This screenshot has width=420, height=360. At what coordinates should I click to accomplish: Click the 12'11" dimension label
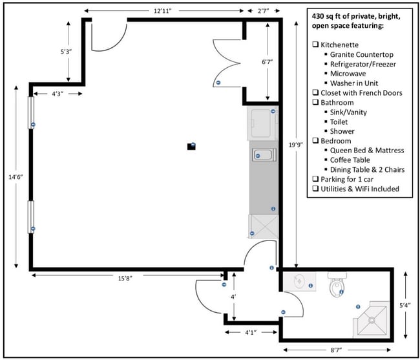tap(162, 11)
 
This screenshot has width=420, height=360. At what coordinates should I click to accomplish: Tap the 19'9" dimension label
tap(296, 145)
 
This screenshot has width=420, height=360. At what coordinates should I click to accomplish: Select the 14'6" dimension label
tap(16, 177)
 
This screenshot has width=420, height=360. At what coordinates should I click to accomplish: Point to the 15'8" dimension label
tap(125, 279)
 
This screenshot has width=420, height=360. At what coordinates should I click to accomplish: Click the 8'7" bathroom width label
tap(335, 350)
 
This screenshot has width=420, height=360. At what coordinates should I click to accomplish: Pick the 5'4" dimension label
tap(405, 305)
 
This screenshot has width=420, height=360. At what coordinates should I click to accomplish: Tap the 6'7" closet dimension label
tap(267, 62)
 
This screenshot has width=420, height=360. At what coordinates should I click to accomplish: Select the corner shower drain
tap(372, 320)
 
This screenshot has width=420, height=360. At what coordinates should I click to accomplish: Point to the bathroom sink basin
tap(299, 281)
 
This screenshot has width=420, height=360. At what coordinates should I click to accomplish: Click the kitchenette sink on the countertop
tap(264, 155)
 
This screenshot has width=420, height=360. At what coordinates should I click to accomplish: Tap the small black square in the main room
tap(191, 146)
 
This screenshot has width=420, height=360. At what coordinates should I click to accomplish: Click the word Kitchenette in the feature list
tap(339, 45)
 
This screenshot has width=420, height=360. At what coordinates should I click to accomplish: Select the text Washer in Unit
tap(354, 83)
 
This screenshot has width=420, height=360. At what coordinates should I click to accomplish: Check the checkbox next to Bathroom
tap(315, 102)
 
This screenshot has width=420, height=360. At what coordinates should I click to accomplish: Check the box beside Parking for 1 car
tap(315, 178)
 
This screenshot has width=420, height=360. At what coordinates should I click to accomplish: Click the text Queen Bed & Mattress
tap(367, 150)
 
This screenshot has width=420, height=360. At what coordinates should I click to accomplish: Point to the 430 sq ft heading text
tap(356, 21)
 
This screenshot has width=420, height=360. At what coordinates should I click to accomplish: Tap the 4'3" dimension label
tap(58, 94)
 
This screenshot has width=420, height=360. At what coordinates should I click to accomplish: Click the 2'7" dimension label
tap(264, 11)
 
